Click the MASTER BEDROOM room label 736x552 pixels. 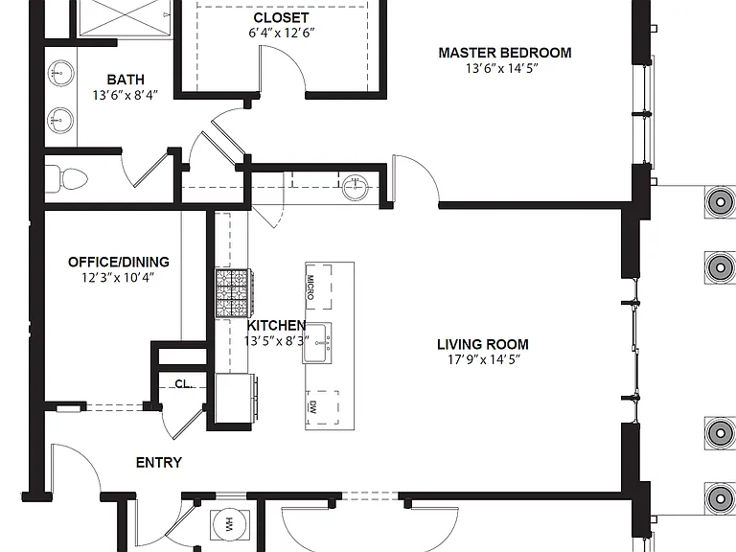coord(505,53)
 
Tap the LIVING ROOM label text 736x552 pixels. coord(483,345)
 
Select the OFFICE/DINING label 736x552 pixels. coord(118,262)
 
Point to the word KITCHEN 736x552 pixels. coord(276,325)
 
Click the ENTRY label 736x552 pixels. coord(159,463)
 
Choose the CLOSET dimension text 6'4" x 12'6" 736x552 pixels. coord(281,33)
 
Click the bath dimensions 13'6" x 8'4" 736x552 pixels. coord(126,95)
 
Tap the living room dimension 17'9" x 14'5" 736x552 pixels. coord(483,360)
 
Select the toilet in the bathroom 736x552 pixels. coord(66,179)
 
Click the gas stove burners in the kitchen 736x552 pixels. coord(234,293)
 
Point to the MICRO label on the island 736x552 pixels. coord(310,287)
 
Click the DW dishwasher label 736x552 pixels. coord(312,407)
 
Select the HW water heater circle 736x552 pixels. coord(228,525)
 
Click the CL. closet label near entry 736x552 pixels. coord(184,384)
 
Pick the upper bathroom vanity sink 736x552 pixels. coord(60,74)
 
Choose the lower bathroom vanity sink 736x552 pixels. coord(60,121)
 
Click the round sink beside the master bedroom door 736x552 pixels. coord(355,188)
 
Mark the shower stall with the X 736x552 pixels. coord(125,17)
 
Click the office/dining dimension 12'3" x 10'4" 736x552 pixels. coord(118,278)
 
